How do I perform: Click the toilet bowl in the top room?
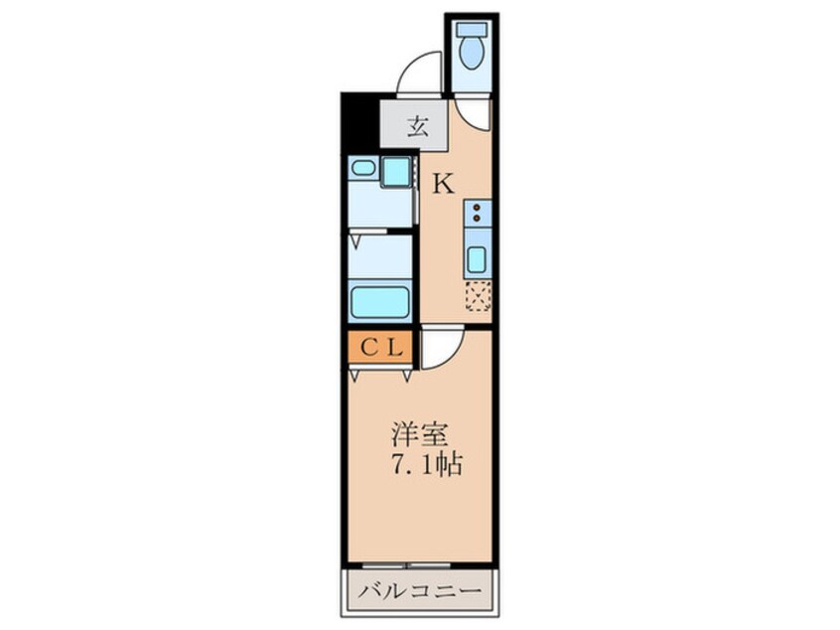click(x=472, y=53)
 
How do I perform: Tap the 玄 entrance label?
click(x=418, y=126)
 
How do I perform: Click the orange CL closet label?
click(x=379, y=348)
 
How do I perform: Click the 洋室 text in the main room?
click(x=418, y=434)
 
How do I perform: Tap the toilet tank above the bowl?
click(x=472, y=29)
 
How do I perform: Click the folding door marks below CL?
click(x=380, y=374)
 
